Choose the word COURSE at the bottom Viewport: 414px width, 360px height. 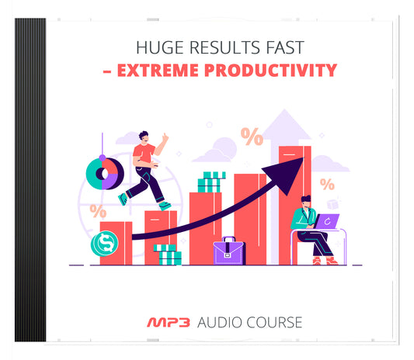tap(273, 321)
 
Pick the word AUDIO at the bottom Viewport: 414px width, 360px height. tap(218, 321)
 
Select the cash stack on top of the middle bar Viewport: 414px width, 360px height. tap(210, 182)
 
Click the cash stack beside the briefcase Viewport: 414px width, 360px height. tap(168, 254)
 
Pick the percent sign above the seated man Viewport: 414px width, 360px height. tap(327, 185)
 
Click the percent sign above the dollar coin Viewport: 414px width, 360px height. tap(98, 209)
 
